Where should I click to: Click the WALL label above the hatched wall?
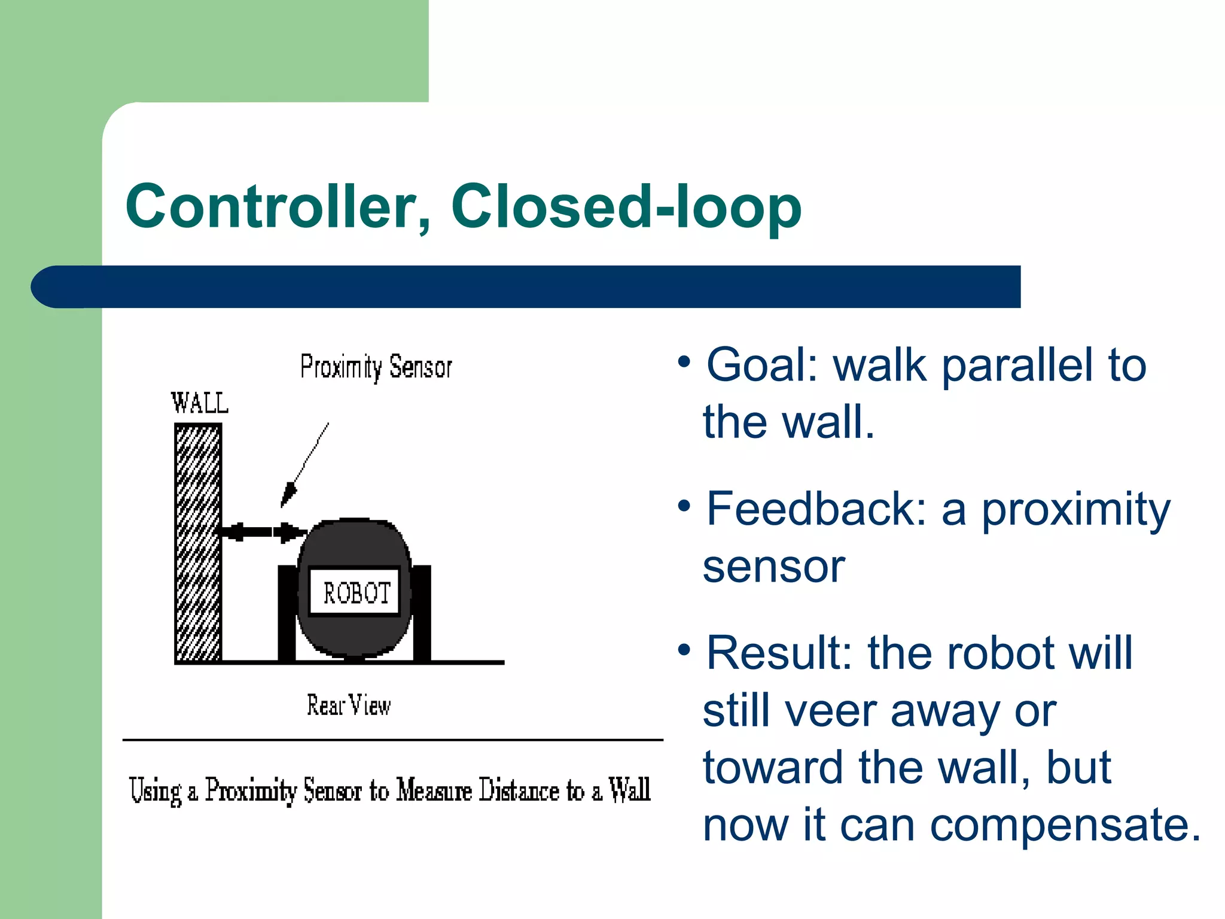point(199,403)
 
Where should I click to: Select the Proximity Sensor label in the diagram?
point(376,367)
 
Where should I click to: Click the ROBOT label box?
point(355,592)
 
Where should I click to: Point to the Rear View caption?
point(349,705)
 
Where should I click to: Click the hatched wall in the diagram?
point(198,541)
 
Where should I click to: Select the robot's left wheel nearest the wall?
point(287,613)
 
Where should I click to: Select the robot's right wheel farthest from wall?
point(422,613)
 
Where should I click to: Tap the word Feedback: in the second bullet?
point(817,509)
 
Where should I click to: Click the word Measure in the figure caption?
point(434,790)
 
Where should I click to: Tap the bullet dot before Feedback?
point(685,506)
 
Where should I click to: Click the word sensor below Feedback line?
point(774,567)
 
